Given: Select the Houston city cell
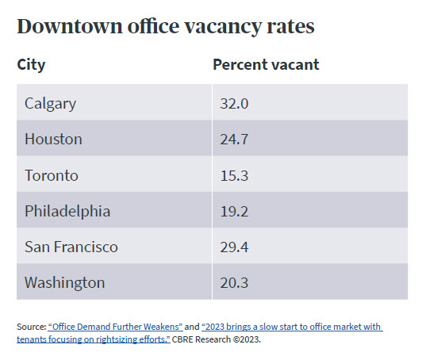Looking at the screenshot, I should [x=53, y=139].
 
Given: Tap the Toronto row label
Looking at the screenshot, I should [x=52, y=175].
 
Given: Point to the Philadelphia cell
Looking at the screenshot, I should [x=67, y=211].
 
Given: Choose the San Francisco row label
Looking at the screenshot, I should [x=71, y=247].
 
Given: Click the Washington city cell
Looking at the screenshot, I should [x=64, y=282].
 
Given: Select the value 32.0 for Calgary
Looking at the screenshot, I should [x=235, y=103].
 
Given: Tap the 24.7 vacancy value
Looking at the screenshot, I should [x=235, y=139].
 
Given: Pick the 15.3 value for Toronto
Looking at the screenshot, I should [x=235, y=175].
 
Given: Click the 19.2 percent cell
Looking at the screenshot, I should [x=235, y=211].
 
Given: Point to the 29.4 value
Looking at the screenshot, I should [x=235, y=247].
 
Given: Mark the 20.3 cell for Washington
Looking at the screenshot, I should [x=235, y=282].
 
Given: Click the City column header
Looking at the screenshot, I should [x=31, y=64].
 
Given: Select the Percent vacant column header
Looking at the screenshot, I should [x=266, y=64].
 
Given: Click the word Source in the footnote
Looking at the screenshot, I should [x=30, y=327].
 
